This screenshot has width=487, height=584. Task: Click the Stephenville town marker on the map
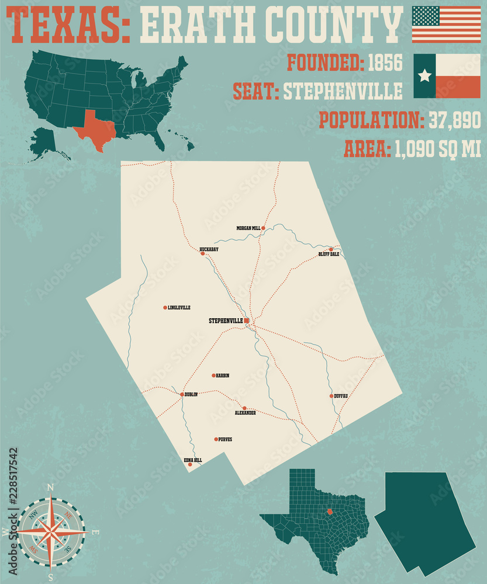pyautogui.click(x=247, y=321)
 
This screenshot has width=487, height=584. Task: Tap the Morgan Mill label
pyautogui.click(x=248, y=228)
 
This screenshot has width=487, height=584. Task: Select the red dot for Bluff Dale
pyautogui.click(x=331, y=249)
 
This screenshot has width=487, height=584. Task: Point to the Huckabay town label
pyautogui.click(x=209, y=249)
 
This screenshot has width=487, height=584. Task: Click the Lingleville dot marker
pyautogui.click(x=165, y=307)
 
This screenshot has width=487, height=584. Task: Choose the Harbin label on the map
pyautogui.click(x=222, y=376)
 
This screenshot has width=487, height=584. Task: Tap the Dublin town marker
pyautogui.click(x=182, y=394)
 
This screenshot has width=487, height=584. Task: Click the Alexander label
pyautogui.click(x=245, y=413)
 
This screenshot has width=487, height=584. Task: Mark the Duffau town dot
pyautogui.click(x=331, y=396)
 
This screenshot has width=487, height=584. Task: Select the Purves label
pyautogui.click(x=225, y=439)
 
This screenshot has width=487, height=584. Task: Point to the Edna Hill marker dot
pyautogui.click(x=189, y=464)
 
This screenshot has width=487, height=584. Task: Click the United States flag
pyautogui.click(x=446, y=25)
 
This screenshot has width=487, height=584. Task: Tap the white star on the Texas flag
pyautogui.click(x=425, y=75)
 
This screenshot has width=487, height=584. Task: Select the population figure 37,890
pyautogui.click(x=454, y=121)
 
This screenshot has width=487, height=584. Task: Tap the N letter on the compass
pyautogui.click(x=50, y=488)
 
